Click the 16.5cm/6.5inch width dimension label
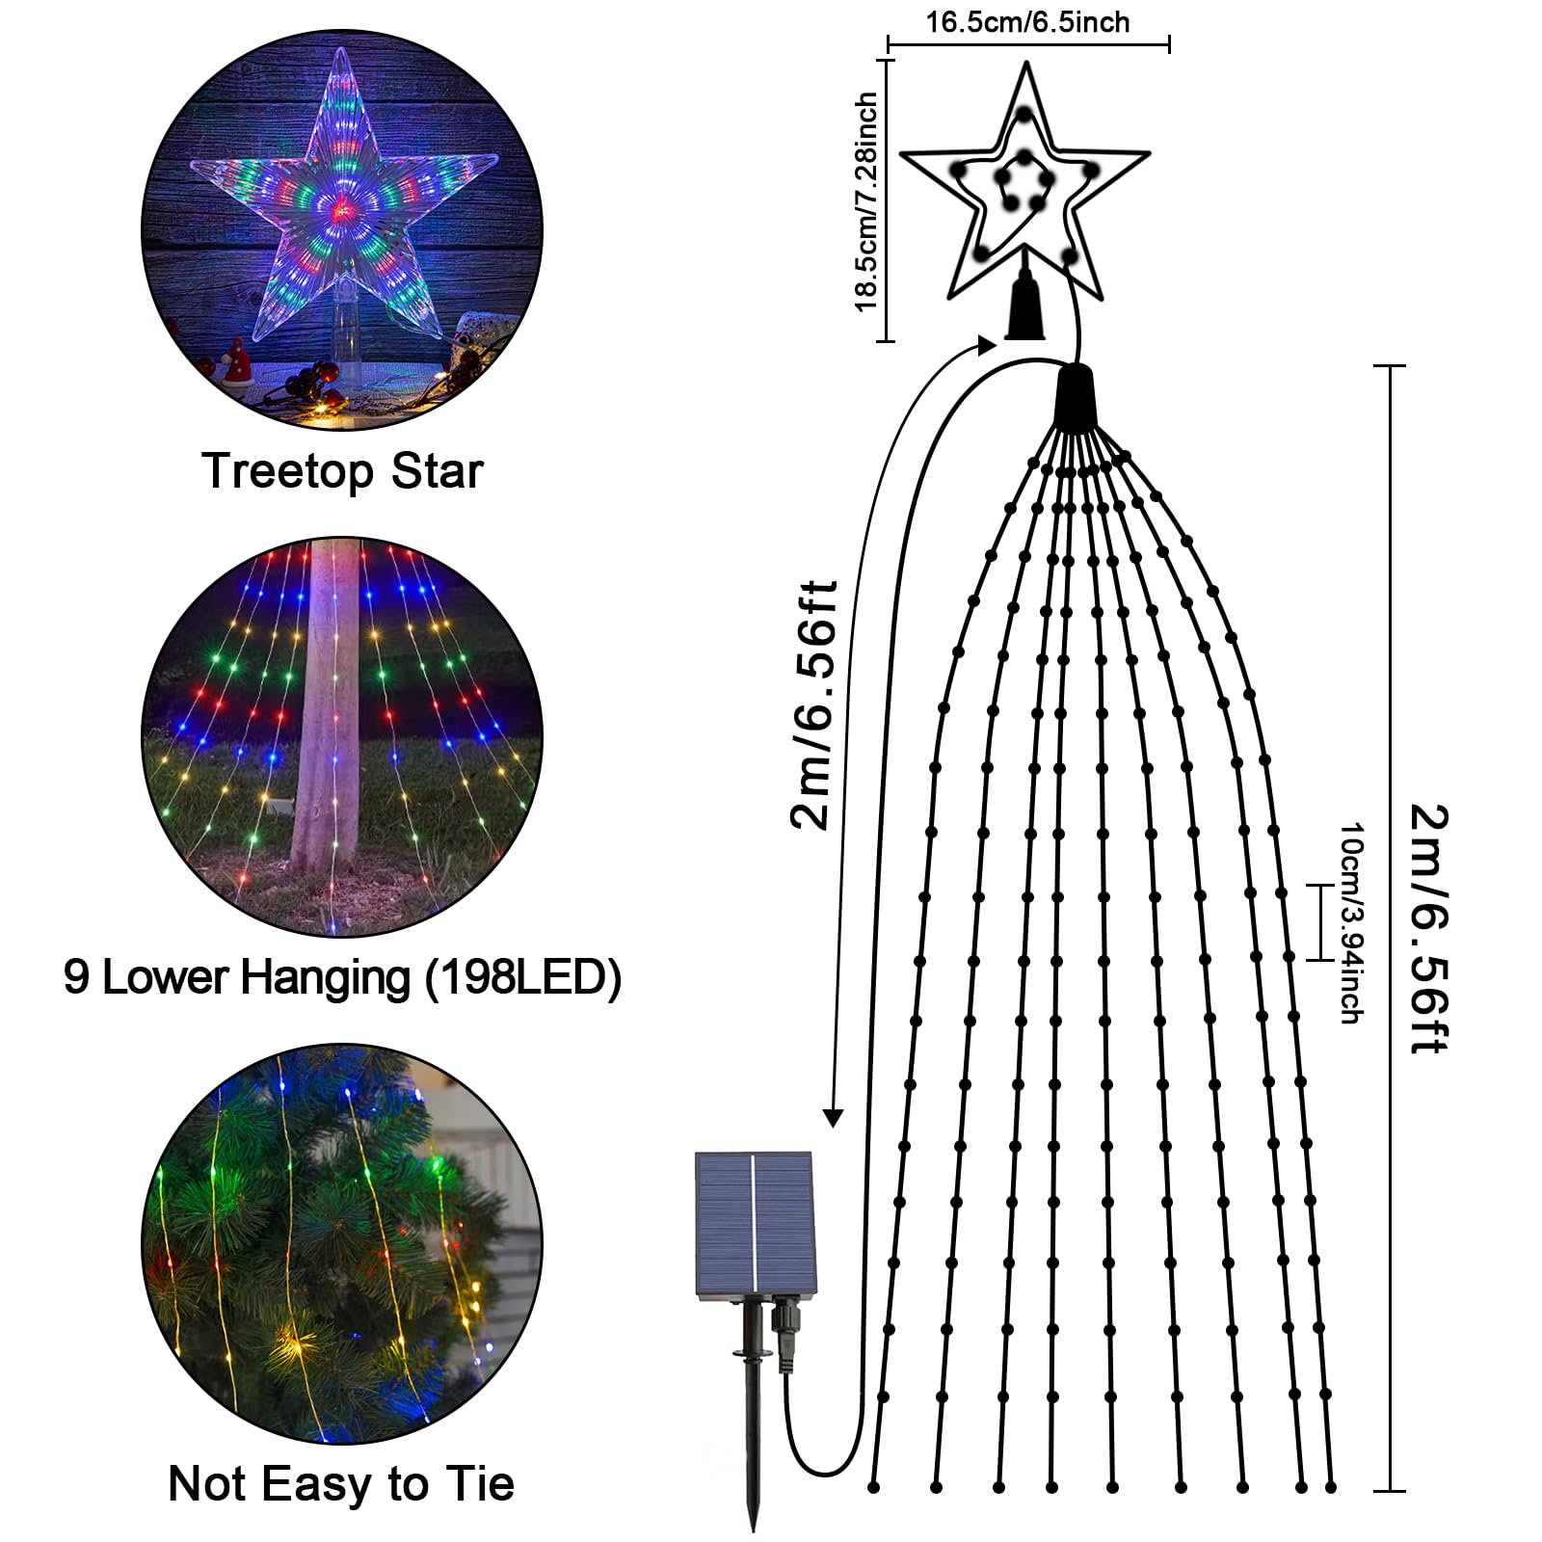pyautogui.click(x=1027, y=22)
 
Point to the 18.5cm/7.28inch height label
pyautogui.click(x=866, y=201)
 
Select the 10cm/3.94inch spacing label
pyautogui.click(x=1350, y=922)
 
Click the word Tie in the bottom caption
pyautogui.click(x=479, y=1483)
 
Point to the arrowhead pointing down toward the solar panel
pyautogui.click(x=833, y=1118)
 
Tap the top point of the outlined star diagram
pyautogui.click(x=1026, y=64)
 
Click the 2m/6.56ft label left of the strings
pyautogui.click(x=811, y=705)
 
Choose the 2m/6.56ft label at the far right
pyautogui.click(x=1428, y=929)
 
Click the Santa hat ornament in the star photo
pyautogui.click(x=237, y=361)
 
